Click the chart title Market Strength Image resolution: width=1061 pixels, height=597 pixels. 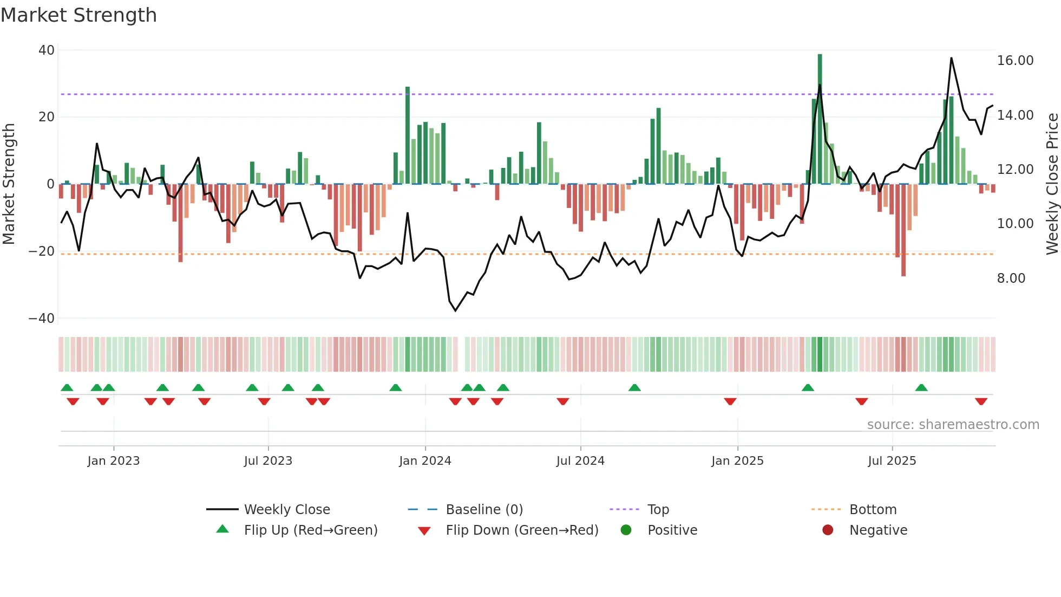pos(78,15)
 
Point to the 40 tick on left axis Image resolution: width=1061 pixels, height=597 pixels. pos(47,50)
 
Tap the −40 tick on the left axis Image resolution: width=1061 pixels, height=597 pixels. pos(42,319)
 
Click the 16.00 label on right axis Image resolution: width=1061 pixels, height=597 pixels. pos(1015,61)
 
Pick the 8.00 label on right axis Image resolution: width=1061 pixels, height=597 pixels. pos(1011,278)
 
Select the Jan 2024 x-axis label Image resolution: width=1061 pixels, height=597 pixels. pos(425,461)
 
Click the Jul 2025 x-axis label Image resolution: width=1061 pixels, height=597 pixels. pos(892,461)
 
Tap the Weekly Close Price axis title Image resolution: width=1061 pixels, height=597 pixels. pos(1052,184)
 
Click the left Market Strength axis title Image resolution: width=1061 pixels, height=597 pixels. pos(9,184)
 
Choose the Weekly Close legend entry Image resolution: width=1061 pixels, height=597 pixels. pos(286,510)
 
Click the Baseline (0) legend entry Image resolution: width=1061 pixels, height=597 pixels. pos(484,510)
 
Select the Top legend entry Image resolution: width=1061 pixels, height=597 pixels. pos(658,510)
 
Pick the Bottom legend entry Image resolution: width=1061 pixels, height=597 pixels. pos(873,510)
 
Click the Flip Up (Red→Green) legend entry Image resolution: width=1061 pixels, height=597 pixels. pos(310,530)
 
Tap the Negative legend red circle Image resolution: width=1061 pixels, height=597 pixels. pos(828,530)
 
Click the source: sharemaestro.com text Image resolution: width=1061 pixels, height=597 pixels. pos(953,425)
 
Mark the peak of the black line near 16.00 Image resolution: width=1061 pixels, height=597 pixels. pos(951,58)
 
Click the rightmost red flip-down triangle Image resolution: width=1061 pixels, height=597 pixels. pos(981,401)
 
